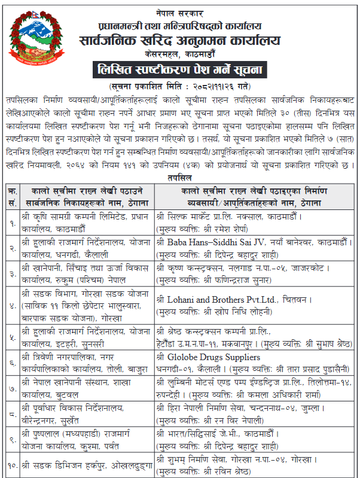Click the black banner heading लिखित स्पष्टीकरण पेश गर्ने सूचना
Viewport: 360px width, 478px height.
tap(179, 71)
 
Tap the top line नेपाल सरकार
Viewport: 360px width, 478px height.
tap(179, 11)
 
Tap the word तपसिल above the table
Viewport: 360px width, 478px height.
tap(179, 178)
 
